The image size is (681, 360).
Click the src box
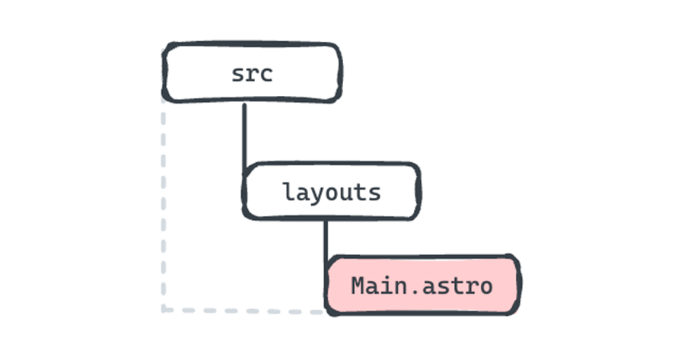tap(252, 72)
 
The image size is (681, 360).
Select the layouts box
tap(330, 190)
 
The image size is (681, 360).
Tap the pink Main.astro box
tap(422, 285)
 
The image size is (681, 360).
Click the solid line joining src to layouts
tap(244, 133)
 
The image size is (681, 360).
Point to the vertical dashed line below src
tap(162, 205)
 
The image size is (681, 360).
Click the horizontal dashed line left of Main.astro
tap(243, 311)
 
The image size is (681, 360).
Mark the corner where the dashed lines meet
tap(163, 310)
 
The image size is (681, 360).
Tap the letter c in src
tap(266, 75)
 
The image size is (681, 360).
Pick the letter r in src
tap(253, 75)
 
